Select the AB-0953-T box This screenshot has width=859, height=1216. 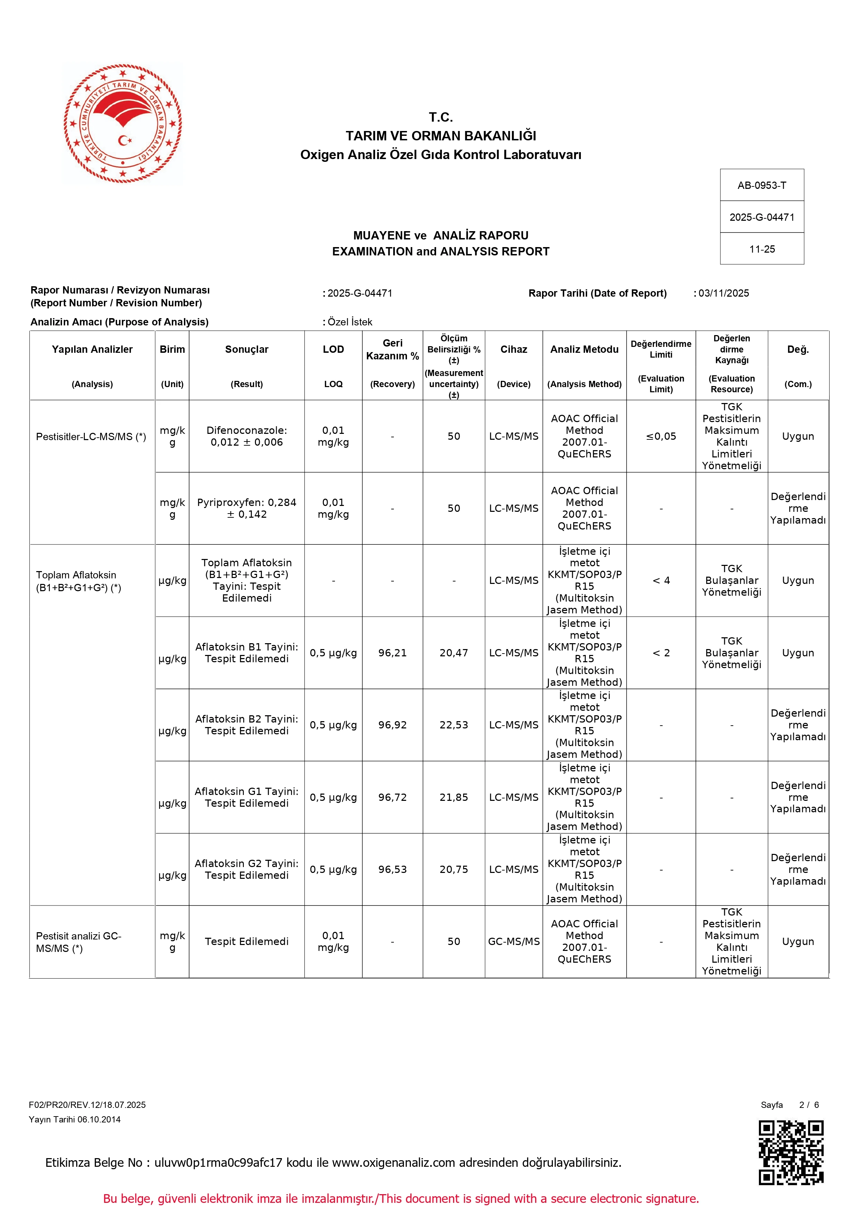762,185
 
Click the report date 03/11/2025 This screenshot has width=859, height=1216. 724,294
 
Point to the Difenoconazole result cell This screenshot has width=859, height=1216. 247,436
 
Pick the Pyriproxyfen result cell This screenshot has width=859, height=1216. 247,508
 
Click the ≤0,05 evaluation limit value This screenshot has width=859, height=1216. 661,436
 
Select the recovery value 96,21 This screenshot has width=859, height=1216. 392,653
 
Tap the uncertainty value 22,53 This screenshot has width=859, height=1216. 454,725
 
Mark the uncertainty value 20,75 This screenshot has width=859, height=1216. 454,869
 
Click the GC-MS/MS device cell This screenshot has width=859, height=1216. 513,941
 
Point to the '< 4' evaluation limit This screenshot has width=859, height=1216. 661,580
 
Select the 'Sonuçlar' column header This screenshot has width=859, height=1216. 247,350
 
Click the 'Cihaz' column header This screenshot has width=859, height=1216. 513,350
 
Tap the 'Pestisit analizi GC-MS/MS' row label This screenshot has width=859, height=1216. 78,942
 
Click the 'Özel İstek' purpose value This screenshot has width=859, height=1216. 350,322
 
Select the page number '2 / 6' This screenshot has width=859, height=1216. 809,1105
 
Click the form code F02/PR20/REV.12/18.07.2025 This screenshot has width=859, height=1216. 87,1105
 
